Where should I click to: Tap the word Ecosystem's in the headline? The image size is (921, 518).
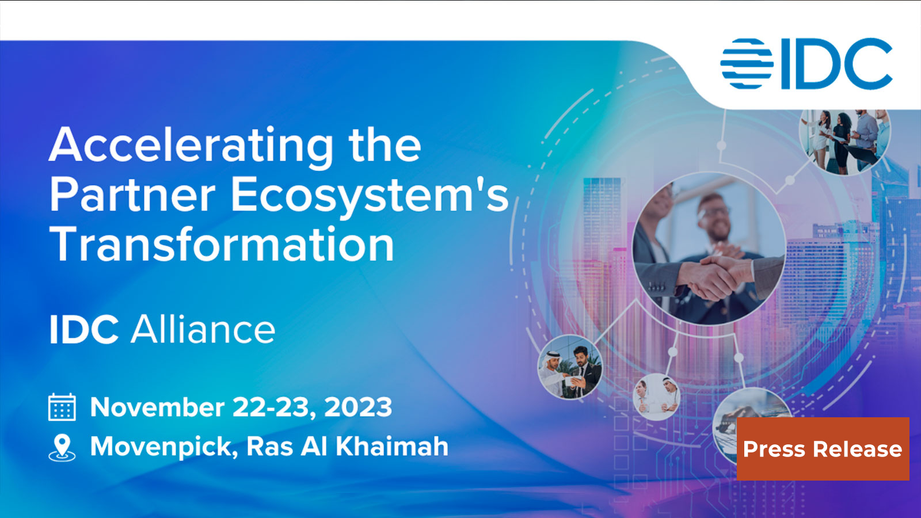pos(370,196)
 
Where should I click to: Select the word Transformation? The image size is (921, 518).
pos(222,245)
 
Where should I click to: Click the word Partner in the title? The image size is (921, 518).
pos(132,196)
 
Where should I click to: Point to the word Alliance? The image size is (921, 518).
pos(203,330)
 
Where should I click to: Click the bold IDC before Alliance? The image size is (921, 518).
pos(84,330)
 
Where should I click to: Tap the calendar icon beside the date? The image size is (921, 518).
pos(62,407)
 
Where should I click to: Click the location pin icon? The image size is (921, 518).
pos(62,447)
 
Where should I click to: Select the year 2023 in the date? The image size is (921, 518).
pos(358,407)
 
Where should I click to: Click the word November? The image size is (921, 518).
pos(157,407)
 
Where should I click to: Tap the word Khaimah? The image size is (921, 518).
pos(391,447)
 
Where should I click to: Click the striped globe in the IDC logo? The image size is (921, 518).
pos(747,64)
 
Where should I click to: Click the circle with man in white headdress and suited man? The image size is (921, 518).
pos(570,368)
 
